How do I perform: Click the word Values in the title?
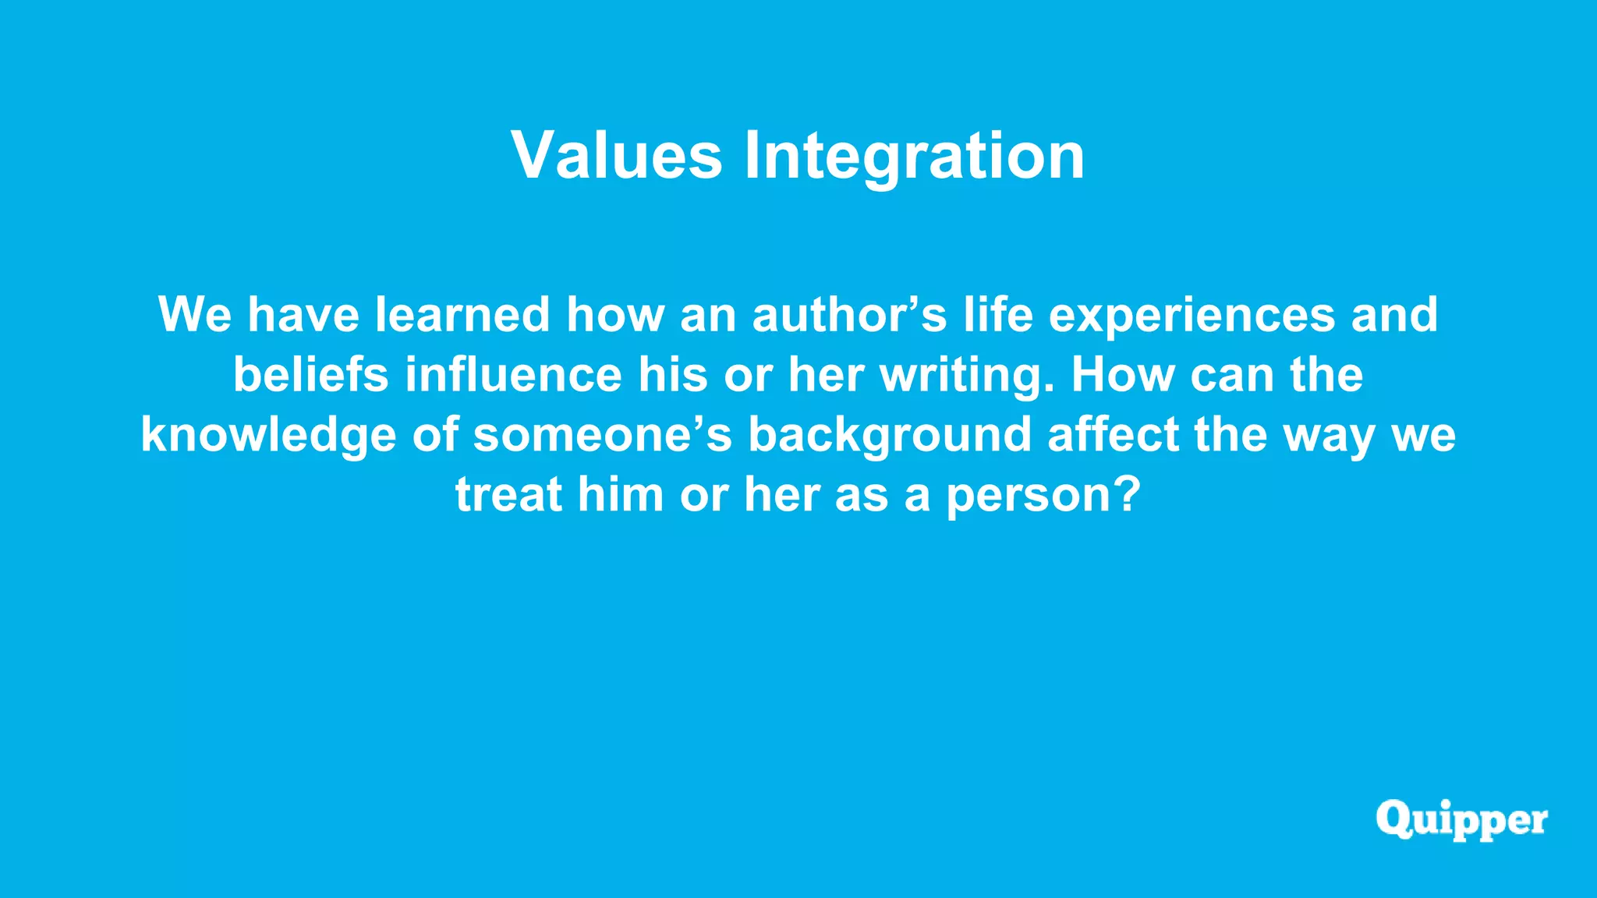(x=617, y=155)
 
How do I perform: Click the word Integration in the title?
(x=914, y=157)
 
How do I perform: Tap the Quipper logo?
(x=1461, y=820)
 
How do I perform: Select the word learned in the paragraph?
(x=463, y=314)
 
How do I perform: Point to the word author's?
(x=849, y=314)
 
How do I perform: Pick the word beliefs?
(x=310, y=374)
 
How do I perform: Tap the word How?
(x=1123, y=374)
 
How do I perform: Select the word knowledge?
(x=267, y=435)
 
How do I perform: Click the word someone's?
(x=602, y=434)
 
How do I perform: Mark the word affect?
(x=1113, y=434)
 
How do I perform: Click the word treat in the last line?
(x=508, y=494)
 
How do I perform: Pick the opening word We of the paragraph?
(x=195, y=314)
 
